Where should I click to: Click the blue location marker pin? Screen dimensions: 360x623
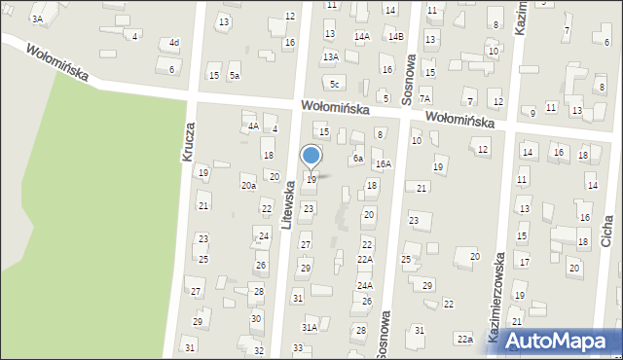pyautogui.click(x=311, y=157)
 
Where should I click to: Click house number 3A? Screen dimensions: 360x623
pyautogui.click(x=38, y=18)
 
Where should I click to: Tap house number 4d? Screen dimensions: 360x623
pyautogui.click(x=173, y=43)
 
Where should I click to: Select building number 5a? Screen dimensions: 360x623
pyautogui.click(x=235, y=75)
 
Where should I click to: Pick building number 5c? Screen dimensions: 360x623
pyautogui.click(x=334, y=84)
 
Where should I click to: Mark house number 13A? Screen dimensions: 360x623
pyautogui.click(x=331, y=56)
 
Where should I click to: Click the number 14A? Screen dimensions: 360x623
pyautogui.click(x=362, y=37)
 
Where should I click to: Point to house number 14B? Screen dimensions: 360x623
pyautogui.click(x=395, y=37)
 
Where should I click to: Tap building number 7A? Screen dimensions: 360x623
pyautogui.click(x=424, y=98)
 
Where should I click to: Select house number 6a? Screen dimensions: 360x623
pyautogui.click(x=358, y=158)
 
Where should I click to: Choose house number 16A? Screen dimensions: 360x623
pyautogui.click(x=384, y=164)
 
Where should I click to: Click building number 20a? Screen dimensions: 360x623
pyautogui.click(x=248, y=185)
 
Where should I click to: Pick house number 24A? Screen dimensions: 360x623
pyautogui.click(x=365, y=285)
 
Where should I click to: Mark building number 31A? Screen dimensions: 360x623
pyautogui.click(x=309, y=328)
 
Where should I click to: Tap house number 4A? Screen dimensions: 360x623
pyautogui.click(x=253, y=126)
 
